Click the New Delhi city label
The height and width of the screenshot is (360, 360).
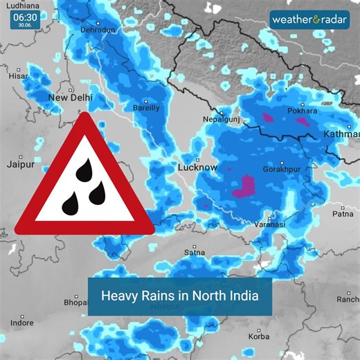click(70, 98)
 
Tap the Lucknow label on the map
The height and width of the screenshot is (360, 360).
click(198, 168)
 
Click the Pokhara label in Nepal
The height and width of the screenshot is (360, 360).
click(303, 111)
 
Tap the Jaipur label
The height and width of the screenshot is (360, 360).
click(20, 165)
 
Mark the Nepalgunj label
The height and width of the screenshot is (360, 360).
click(220, 120)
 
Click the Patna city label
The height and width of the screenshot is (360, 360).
click(342, 215)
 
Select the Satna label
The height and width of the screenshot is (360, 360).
click(194, 253)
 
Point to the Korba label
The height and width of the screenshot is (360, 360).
click(259, 337)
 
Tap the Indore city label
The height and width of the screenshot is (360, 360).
click(22, 323)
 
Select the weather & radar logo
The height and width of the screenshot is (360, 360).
click(310, 19)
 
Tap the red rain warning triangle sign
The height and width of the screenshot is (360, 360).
click(84, 180)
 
